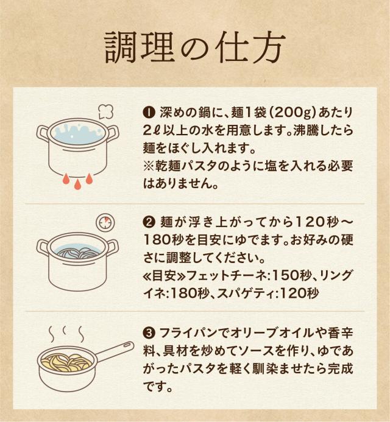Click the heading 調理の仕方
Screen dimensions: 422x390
click(194, 47)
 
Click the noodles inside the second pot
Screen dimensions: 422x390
click(76, 253)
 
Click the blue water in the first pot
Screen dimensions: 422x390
click(77, 135)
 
